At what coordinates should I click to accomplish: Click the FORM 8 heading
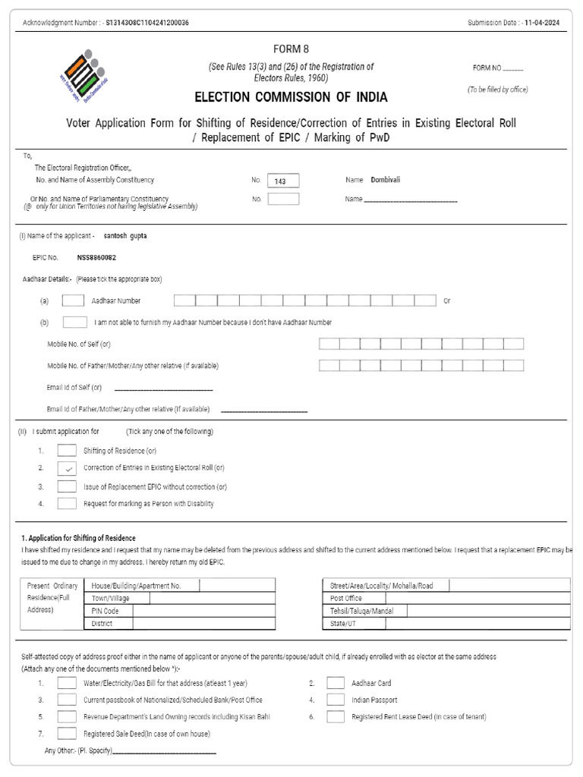tap(291, 49)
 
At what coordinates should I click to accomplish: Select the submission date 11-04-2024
tap(544, 23)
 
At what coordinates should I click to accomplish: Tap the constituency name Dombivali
tap(386, 180)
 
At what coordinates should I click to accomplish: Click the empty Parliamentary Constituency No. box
tap(284, 199)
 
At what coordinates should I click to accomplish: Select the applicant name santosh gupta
tap(125, 236)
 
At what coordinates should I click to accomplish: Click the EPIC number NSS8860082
tap(96, 258)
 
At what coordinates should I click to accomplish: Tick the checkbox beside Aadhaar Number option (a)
tap(73, 300)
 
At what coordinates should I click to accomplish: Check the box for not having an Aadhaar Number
tap(74, 322)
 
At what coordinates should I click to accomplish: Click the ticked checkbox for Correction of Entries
tap(67, 468)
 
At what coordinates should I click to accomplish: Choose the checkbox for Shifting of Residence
tap(67, 451)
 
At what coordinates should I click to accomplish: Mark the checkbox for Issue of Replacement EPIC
tap(67, 486)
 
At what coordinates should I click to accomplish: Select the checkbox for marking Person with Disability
tap(67, 503)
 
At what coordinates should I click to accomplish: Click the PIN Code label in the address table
tap(105, 611)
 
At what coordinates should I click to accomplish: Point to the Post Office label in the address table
tap(346, 598)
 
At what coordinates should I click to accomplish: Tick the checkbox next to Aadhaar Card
tap(336, 683)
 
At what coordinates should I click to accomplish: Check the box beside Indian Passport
tap(336, 700)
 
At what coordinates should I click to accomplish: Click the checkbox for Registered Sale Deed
tap(67, 734)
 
